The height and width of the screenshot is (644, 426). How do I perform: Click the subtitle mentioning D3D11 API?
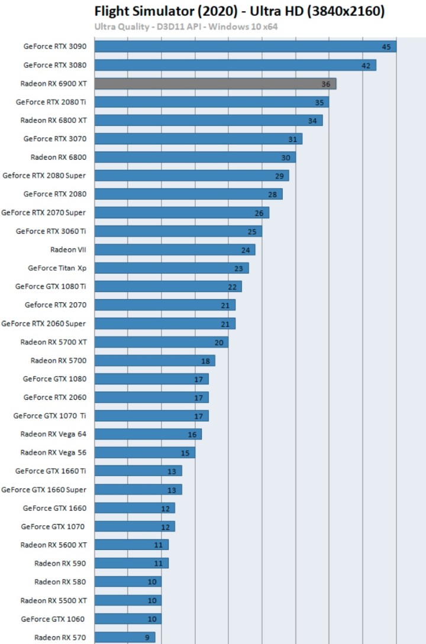click(186, 27)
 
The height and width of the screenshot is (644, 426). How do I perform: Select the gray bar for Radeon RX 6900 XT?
click(215, 84)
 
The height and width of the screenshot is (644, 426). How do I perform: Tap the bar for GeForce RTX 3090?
click(245, 47)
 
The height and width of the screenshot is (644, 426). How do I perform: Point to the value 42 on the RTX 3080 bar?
click(366, 66)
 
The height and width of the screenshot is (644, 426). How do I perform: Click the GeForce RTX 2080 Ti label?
click(51, 102)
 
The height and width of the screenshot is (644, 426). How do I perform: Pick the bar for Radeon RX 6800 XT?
click(208, 121)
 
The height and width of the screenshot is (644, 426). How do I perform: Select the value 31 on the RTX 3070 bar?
click(292, 140)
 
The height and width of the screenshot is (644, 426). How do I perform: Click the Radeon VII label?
click(68, 250)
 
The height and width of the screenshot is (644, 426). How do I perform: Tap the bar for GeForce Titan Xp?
click(172, 268)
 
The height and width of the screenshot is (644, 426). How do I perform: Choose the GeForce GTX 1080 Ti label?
click(50, 286)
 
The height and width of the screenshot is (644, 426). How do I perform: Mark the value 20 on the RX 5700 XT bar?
click(218, 342)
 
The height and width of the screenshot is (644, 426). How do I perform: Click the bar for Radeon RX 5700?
click(154, 361)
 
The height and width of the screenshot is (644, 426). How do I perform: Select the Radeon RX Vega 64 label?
click(53, 434)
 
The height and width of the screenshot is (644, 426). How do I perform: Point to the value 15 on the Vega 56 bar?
click(185, 453)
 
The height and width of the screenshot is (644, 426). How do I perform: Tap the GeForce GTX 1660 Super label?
click(44, 490)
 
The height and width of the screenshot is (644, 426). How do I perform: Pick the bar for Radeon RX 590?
click(131, 563)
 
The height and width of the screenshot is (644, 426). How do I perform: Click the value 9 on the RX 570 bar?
click(148, 637)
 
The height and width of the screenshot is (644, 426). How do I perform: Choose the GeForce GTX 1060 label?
click(53, 619)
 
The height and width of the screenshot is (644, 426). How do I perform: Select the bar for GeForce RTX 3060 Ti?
click(178, 231)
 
